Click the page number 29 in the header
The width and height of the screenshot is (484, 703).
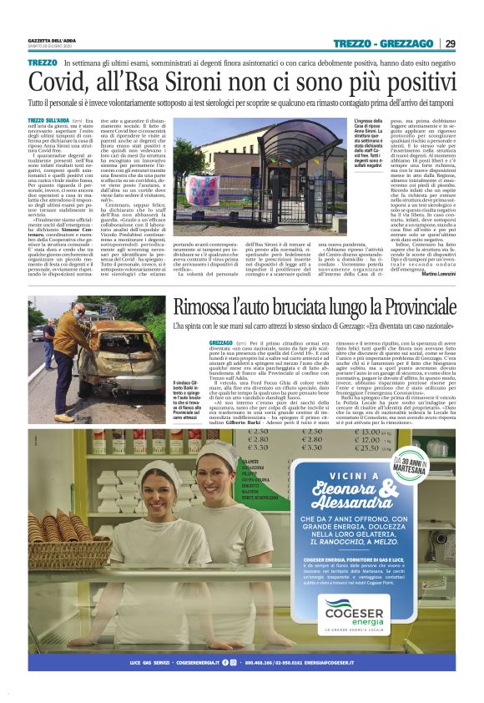point(451,43)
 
